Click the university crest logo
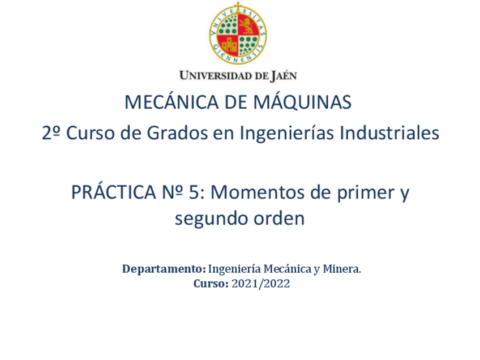point(238,33)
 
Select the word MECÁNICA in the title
point(172,102)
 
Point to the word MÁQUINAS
point(302,102)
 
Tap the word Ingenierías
point(286,134)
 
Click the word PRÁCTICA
point(114,192)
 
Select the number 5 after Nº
point(194,192)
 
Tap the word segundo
point(211,219)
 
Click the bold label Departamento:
point(164,269)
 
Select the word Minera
point(342,269)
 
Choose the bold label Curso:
point(211,284)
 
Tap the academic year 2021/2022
point(260,284)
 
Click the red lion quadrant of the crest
point(248,25)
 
